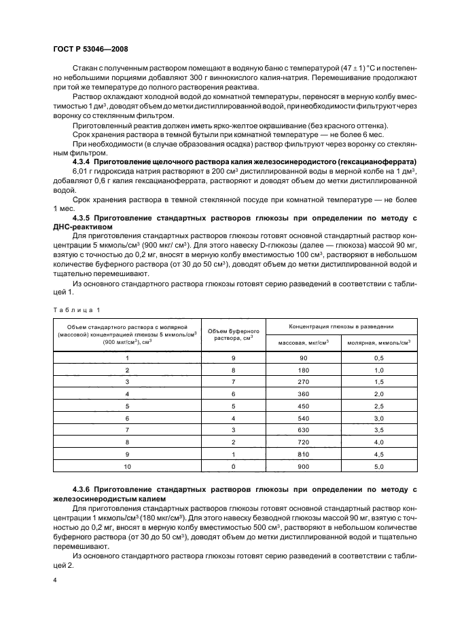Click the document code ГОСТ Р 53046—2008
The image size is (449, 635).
[90, 50]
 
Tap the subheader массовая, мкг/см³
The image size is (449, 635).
[303, 343]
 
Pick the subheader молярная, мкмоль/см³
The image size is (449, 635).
[378, 343]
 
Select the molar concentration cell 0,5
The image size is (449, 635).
[378, 357]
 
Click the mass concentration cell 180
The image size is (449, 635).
[303, 370]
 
